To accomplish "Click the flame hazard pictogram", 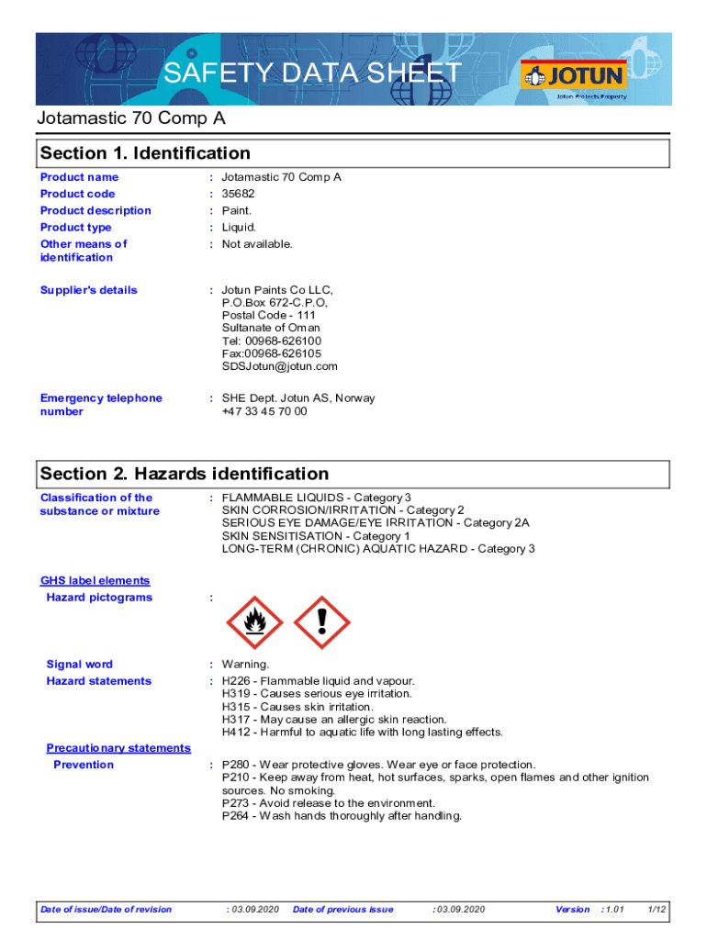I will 253,623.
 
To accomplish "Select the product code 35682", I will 239,194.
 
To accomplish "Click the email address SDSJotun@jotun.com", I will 280,366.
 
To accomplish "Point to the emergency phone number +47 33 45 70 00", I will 264,411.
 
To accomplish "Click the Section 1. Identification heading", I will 145,153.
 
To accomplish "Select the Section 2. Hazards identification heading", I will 185,474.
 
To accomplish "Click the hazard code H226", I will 237,681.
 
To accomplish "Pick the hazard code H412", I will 237,733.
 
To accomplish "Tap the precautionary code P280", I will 237,765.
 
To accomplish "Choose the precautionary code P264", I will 237,816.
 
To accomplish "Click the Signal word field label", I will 80,665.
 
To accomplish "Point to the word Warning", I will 246,665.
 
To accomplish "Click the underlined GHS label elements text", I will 95,581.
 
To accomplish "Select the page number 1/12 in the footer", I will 656,910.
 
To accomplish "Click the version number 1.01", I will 613,910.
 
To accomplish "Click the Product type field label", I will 76,228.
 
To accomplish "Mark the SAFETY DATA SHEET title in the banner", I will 312,73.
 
